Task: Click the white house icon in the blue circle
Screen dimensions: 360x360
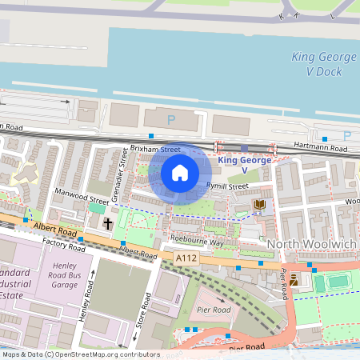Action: coord(180,172)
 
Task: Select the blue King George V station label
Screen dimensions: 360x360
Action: coord(244,166)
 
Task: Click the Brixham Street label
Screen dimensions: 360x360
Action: coord(155,150)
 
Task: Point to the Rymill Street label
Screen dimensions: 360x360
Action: coord(228,186)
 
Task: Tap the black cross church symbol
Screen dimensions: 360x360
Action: coord(108,225)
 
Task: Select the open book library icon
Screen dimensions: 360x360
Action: coord(259,206)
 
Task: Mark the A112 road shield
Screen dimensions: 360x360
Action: coord(186,257)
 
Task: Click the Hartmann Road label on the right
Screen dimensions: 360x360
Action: coord(322,149)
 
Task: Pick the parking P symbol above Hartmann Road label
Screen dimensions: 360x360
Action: coord(346,135)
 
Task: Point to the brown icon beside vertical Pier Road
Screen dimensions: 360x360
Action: coord(294,279)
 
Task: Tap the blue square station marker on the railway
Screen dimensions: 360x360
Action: coord(245,148)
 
